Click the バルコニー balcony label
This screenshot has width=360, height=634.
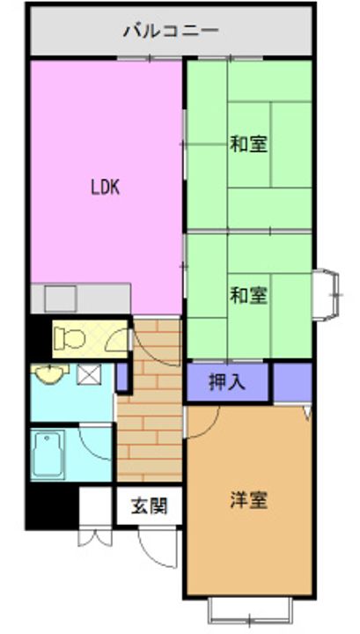171,31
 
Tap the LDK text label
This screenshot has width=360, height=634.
105,188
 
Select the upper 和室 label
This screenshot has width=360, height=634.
248,144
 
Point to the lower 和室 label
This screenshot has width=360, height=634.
248,296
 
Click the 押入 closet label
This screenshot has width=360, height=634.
227,382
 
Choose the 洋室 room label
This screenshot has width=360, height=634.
248,500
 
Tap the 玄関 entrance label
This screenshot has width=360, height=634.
149,505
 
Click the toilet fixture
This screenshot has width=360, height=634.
70,338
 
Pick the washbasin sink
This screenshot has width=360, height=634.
50,372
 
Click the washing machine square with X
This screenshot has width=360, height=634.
89,374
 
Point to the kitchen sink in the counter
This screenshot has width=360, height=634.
61,299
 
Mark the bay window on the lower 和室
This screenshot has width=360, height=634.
326,295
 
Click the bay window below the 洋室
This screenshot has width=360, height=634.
250,609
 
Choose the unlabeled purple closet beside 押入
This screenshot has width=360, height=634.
293,382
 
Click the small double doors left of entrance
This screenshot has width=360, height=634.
94,536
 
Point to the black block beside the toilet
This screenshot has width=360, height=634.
39,337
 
